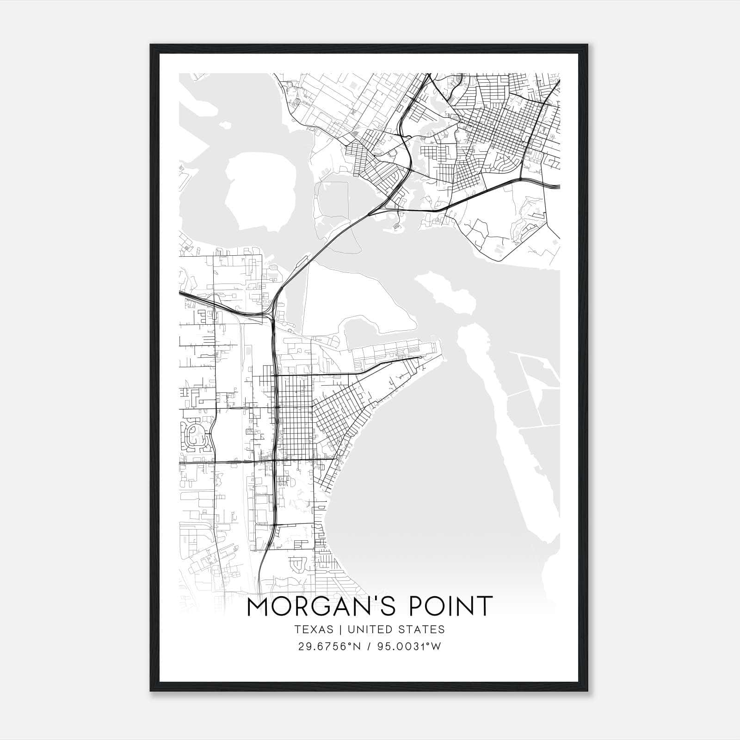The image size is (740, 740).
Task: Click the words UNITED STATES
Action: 396,629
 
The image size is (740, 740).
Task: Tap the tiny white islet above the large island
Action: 225,125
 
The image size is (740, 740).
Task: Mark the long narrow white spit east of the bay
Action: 504,416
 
